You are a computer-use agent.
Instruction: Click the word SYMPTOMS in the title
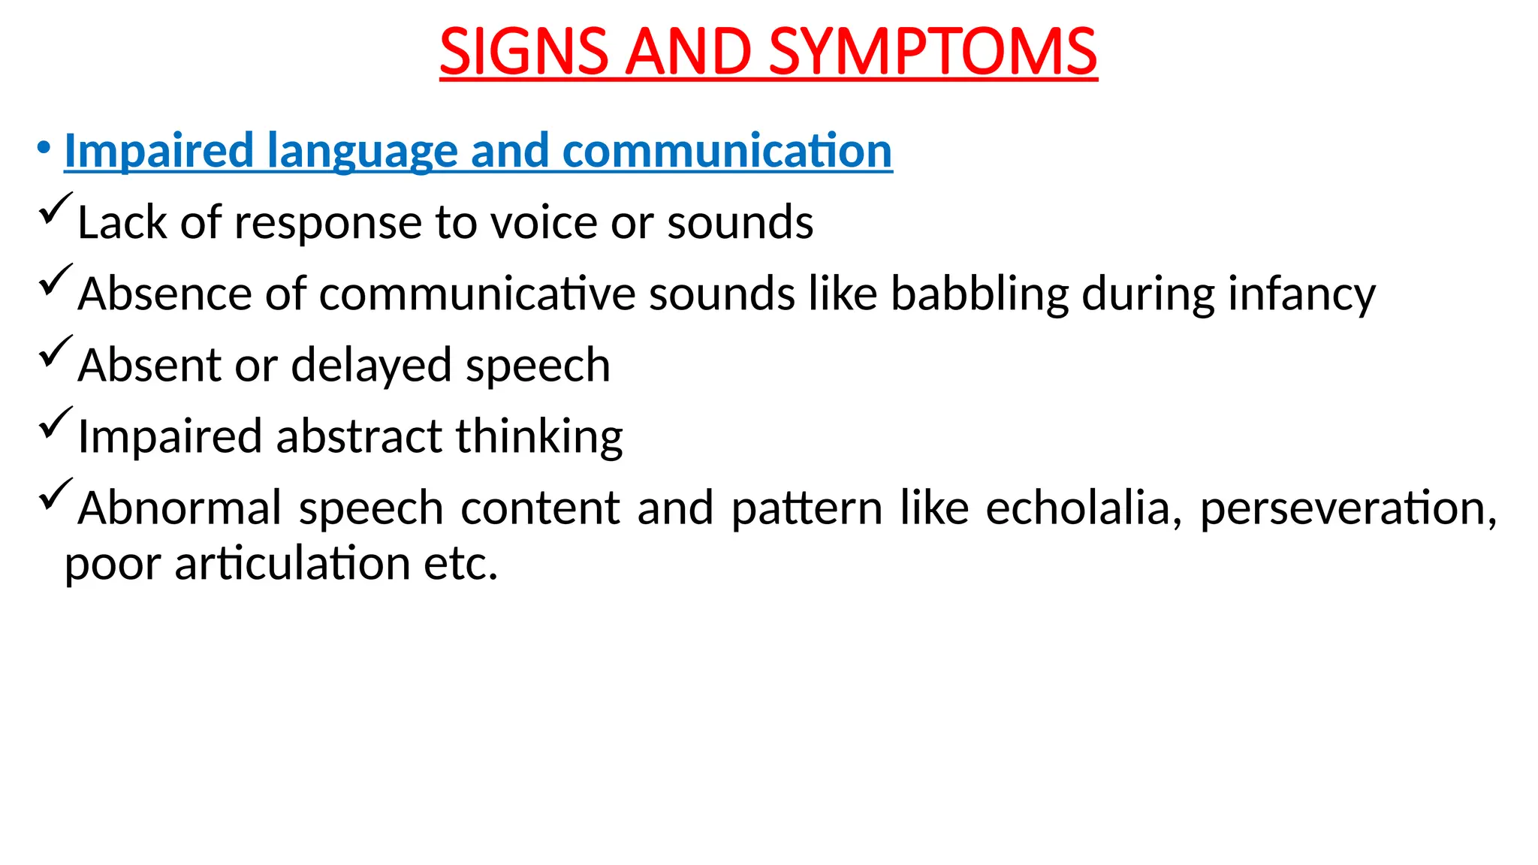pyautogui.click(x=933, y=52)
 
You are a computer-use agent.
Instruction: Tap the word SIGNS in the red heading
pyautogui.click(x=523, y=52)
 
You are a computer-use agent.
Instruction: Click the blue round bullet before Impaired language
pyautogui.click(x=44, y=146)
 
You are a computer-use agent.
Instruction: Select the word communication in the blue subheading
pyautogui.click(x=727, y=150)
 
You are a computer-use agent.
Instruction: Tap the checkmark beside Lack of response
pyautogui.click(x=55, y=208)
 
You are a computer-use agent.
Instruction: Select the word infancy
pyautogui.click(x=1301, y=294)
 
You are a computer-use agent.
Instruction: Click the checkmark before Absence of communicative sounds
pyautogui.click(x=55, y=279)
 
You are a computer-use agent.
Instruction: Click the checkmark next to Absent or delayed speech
pyautogui.click(x=55, y=351)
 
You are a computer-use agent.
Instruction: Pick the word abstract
pyautogui.click(x=359, y=436)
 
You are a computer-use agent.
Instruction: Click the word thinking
pyautogui.click(x=539, y=437)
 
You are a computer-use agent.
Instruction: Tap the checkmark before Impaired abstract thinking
pyautogui.click(x=55, y=422)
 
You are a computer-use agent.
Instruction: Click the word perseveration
pyautogui.click(x=1347, y=508)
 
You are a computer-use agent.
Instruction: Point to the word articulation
pyautogui.click(x=292, y=564)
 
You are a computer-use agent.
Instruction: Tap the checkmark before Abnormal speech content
pyautogui.click(x=55, y=493)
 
